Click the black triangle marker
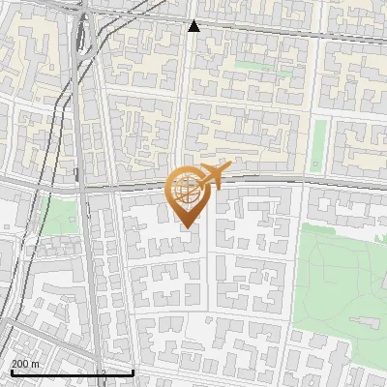pyautogui.click(x=194, y=26)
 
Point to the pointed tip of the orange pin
pyautogui.click(x=188, y=228)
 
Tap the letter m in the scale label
pyautogui.click(x=36, y=363)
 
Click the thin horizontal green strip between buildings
pyautogui.click(x=253, y=66)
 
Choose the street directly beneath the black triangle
pyautogui.click(x=194, y=35)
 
